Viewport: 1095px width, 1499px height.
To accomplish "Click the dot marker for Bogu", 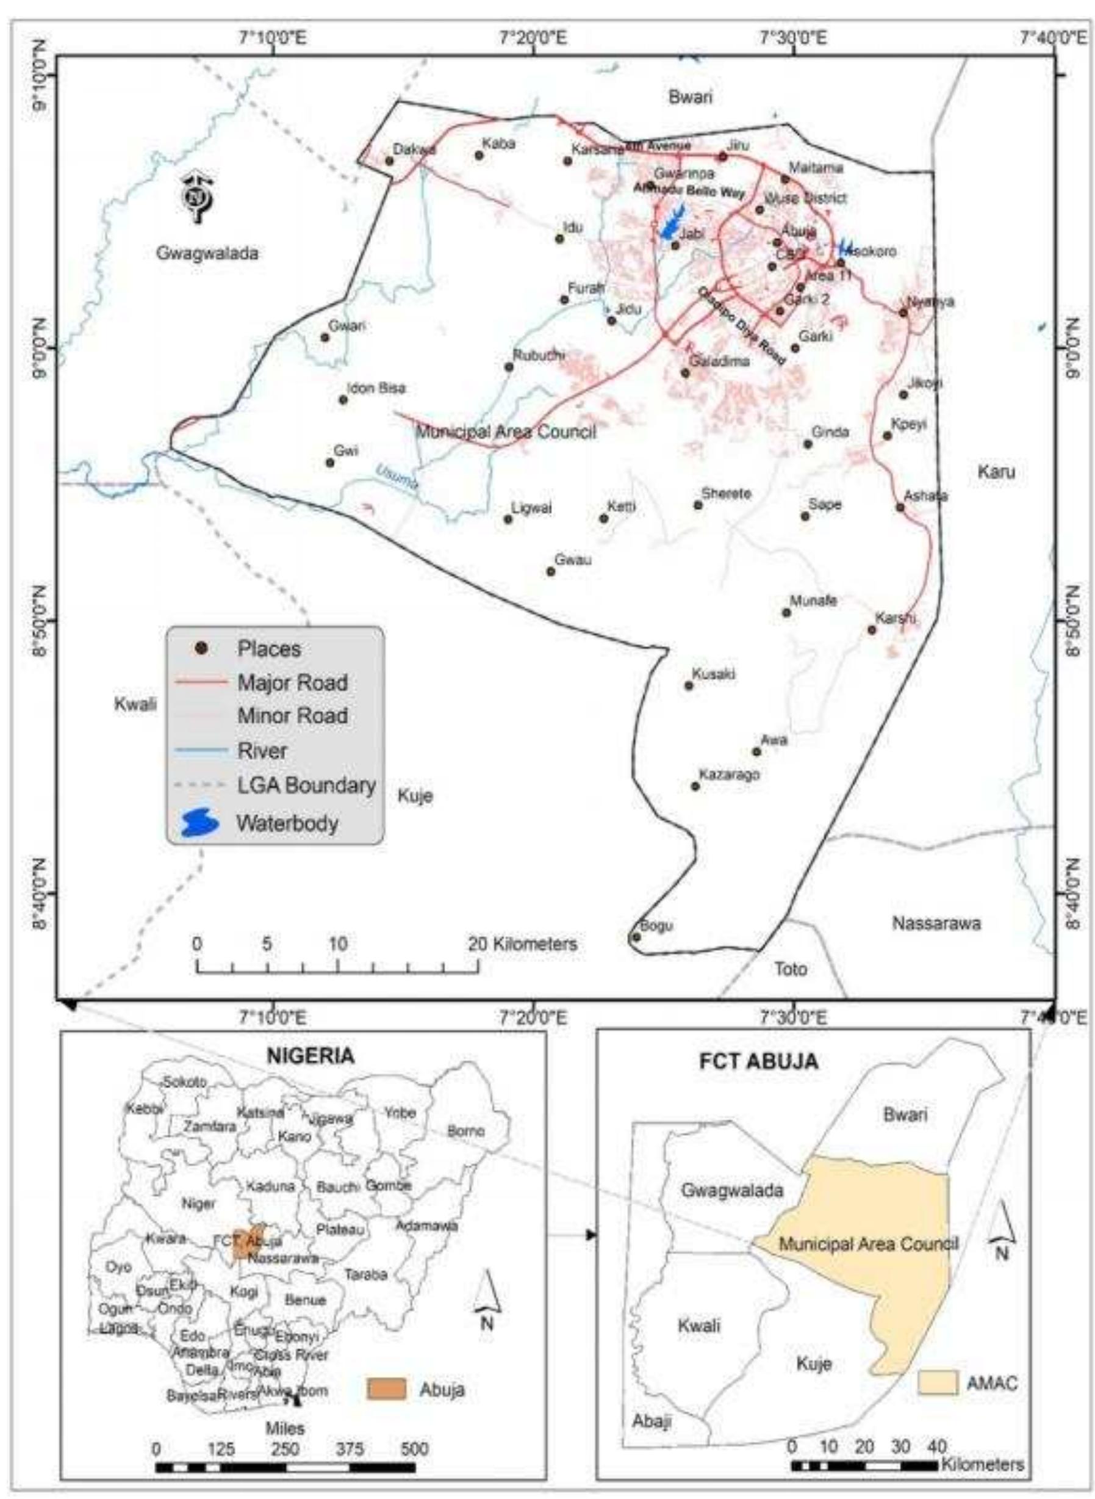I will (636, 936).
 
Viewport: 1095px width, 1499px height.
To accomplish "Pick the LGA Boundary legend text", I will (306, 786).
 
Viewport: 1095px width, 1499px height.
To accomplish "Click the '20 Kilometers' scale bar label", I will (523, 944).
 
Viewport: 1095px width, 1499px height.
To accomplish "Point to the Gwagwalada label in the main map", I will (207, 253).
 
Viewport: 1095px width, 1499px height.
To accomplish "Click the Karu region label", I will (996, 471).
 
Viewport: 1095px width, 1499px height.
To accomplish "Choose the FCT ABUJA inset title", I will (758, 1061).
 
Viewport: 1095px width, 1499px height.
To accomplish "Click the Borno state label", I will (466, 1131).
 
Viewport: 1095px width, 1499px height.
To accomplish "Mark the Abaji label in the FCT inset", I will (652, 1421).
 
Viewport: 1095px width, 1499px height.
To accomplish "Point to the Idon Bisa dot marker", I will (343, 399).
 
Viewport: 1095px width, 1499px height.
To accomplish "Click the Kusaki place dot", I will (689, 685).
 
